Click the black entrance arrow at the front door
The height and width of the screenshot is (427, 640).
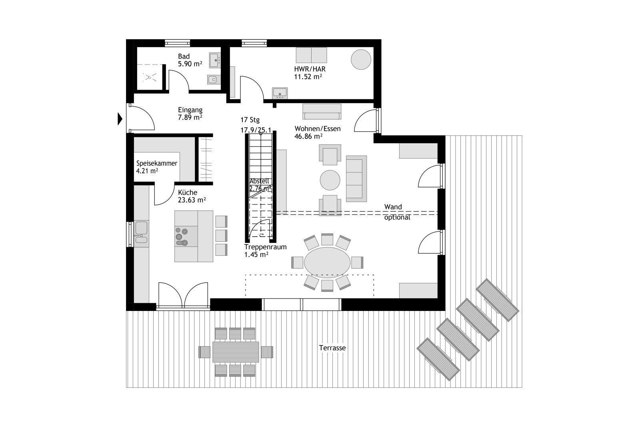pyautogui.click(x=120, y=118)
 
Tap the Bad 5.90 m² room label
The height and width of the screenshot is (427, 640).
pyautogui.click(x=190, y=60)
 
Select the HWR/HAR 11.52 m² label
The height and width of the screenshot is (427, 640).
pyautogui.click(x=308, y=73)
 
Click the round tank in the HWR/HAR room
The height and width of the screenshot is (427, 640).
pyautogui.click(x=361, y=60)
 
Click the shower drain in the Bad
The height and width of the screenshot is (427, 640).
pyautogui.click(x=149, y=77)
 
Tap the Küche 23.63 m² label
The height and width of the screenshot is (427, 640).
pyautogui.click(x=192, y=196)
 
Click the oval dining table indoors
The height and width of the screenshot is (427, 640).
pyautogui.click(x=327, y=263)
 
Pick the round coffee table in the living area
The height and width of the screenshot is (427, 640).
pyautogui.click(x=330, y=180)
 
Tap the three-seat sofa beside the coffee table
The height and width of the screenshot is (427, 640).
pyautogui.click(x=356, y=178)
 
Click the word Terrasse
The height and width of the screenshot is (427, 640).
pyautogui.click(x=332, y=348)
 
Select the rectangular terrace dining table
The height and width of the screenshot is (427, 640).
pyautogui.click(x=236, y=352)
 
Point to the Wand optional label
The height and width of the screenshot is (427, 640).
pyautogui.click(x=397, y=212)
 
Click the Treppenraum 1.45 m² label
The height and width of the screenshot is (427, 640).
pyautogui.click(x=266, y=251)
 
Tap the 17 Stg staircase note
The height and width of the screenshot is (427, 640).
pyautogui.click(x=250, y=120)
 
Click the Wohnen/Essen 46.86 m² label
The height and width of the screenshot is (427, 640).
pyautogui.click(x=318, y=132)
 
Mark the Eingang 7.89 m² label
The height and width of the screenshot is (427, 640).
pyautogui.click(x=190, y=114)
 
